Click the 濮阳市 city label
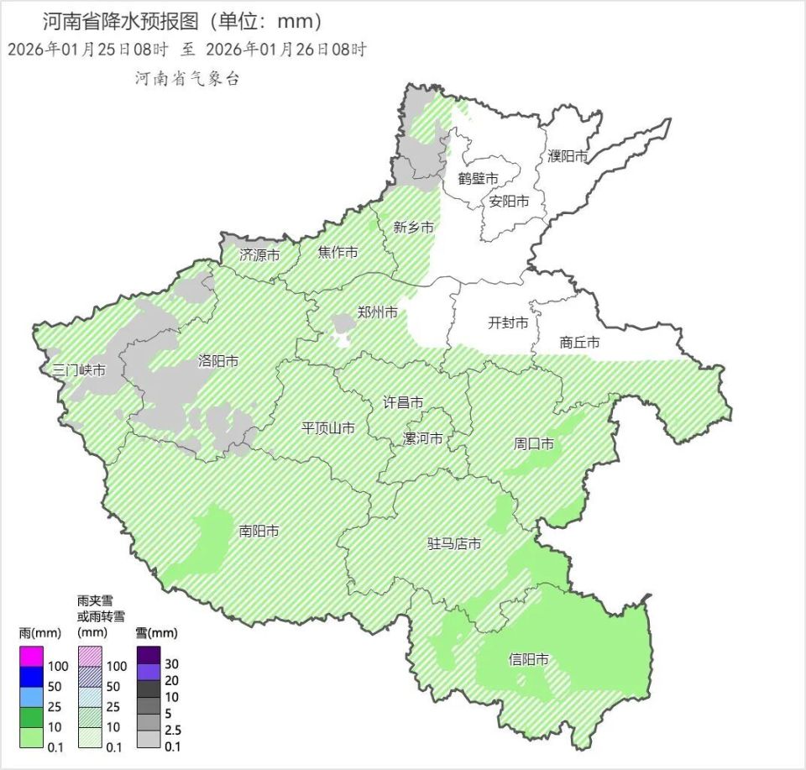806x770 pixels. [568, 156]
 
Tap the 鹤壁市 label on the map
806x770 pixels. [479, 178]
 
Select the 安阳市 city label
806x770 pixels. [510, 202]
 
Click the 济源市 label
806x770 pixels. [259, 254]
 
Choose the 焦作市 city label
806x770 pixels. [338, 252]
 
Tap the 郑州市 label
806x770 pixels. [378, 312]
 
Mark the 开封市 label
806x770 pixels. [510, 323]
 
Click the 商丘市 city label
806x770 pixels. [580, 343]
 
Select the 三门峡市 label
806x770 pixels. [78, 369]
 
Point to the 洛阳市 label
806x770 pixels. [218, 362]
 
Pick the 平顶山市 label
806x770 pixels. [328, 428]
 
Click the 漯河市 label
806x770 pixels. [423, 438]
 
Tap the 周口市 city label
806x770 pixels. [534, 443]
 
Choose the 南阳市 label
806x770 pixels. [259, 531]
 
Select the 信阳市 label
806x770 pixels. [529, 660]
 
